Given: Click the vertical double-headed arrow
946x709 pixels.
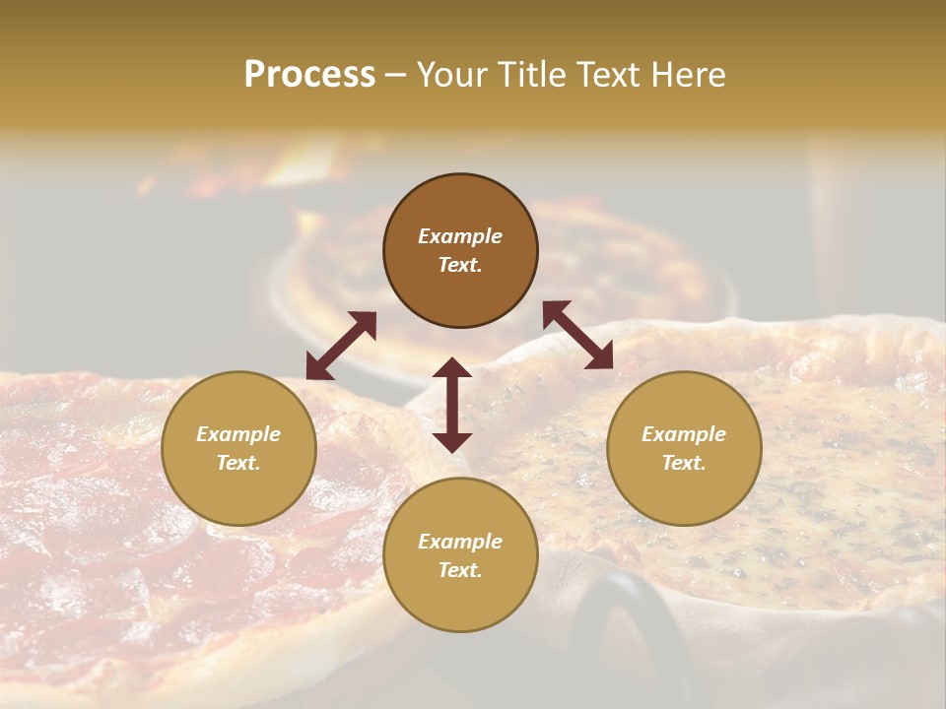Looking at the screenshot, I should (452, 405).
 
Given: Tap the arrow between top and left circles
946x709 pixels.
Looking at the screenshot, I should (341, 346).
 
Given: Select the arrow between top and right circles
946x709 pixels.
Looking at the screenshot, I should (577, 335).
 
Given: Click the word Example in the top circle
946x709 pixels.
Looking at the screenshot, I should (460, 236).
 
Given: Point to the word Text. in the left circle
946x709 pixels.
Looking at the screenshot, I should (238, 463).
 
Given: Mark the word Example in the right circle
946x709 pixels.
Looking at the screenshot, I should (684, 434).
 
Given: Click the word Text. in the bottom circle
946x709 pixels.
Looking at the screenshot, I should (460, 570).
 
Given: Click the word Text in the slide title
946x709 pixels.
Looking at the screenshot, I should (607, 75).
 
